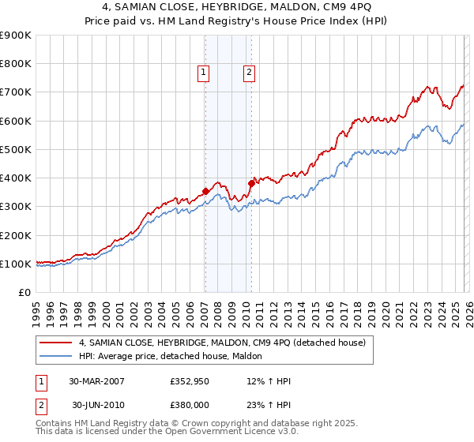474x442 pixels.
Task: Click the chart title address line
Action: tap(237, 7)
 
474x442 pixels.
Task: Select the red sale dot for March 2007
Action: tap(205, 190)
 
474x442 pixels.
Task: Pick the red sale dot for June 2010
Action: tap(251, 183)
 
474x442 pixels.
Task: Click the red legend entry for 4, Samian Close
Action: tap(221, 343)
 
